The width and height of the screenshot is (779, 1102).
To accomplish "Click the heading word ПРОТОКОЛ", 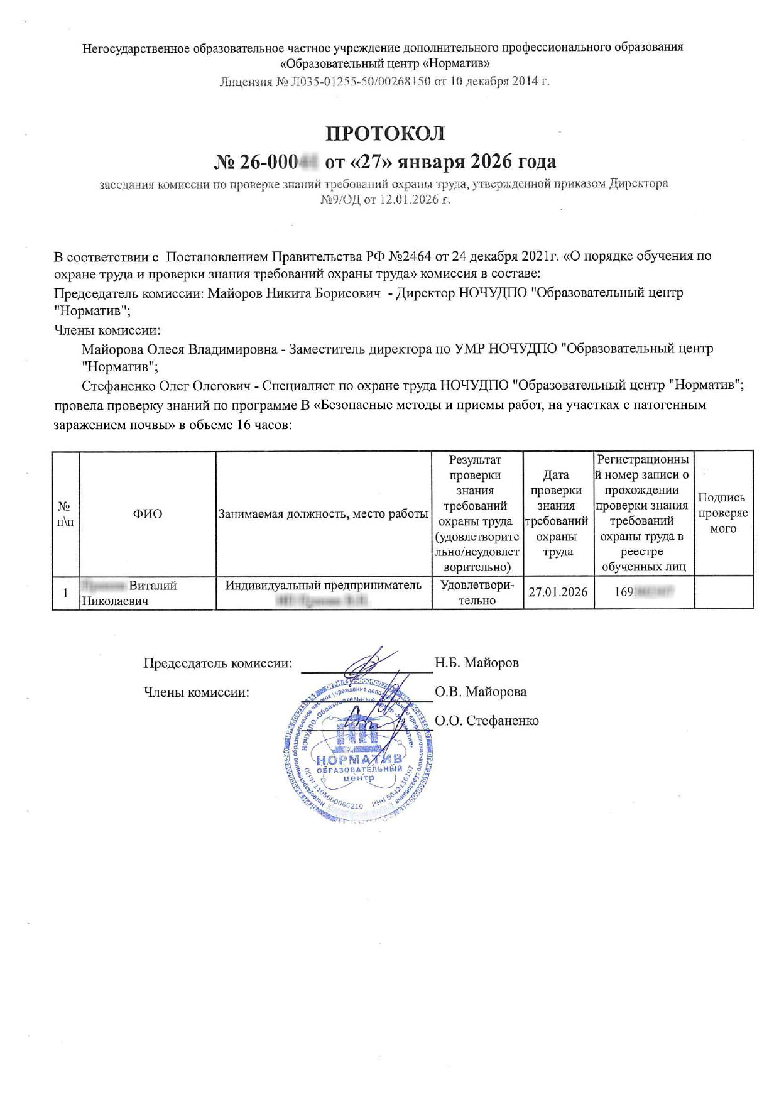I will [385, 134].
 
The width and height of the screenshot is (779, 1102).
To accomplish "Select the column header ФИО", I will [147, 514].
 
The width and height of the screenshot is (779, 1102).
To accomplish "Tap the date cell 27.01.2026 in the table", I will [558, 592].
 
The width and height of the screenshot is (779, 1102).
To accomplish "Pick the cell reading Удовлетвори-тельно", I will [477, 592].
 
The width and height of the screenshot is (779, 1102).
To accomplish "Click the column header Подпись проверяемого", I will [722, 513].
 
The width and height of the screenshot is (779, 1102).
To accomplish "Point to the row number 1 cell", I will [65, 592].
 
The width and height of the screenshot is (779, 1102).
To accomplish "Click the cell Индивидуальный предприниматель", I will [323, 586].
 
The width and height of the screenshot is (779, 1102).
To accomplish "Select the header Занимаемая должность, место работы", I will [323, 514].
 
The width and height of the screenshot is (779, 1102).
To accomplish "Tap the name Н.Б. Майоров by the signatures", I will [476, 662].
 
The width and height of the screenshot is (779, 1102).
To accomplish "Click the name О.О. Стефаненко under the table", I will [486, 721].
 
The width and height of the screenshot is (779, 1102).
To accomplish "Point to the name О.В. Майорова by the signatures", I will [480, 692].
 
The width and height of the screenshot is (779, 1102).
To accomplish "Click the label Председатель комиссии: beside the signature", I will [217, 663].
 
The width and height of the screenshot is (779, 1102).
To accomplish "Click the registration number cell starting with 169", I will [643, 592].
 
